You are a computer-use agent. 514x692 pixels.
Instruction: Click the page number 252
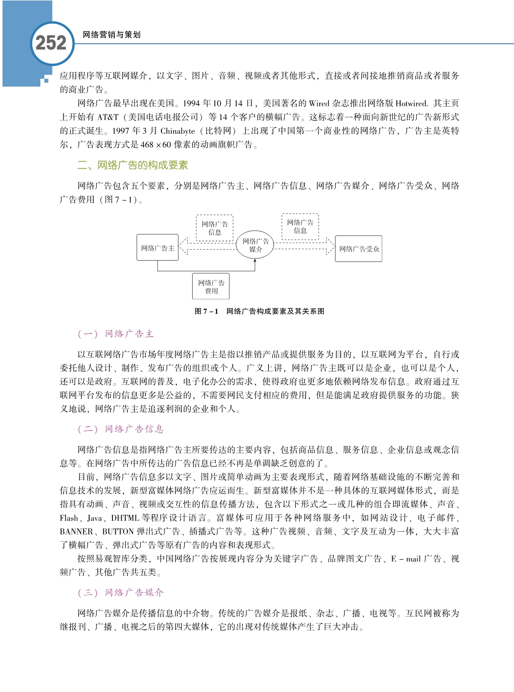click(x=51, y=43)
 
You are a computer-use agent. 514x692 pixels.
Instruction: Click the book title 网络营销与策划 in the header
click(x=111, y=35)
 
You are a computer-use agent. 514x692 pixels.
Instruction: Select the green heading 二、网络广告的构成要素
click(x=133, y=165)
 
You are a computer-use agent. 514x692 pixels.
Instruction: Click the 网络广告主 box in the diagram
click(x=158, y=248)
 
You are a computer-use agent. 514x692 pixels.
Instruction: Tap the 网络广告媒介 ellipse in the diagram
click(x=256, y=245)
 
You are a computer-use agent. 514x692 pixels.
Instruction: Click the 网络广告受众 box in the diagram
click(x=359, y=249)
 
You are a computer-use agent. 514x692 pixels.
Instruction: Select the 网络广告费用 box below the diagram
click(x=211, y=286)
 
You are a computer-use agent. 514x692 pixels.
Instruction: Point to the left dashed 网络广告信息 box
click(x=214, y=228)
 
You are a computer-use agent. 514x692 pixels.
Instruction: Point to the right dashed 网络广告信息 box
click(x=300, y=227)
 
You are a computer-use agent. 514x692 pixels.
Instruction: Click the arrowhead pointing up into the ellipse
click(x=255, y=261)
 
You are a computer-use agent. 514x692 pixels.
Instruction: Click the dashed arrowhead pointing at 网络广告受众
click(x=330, y=246)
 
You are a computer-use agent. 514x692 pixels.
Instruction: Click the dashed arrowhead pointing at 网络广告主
click(x=183, y=246)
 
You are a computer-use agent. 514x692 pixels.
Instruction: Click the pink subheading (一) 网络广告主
click(x=116, y=334)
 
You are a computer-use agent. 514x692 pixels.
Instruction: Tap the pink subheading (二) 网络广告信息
click(x=121, y=429)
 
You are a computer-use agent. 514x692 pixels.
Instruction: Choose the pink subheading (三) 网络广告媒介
click(x=121, y=593)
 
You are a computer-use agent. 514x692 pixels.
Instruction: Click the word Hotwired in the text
click(x=411, y=104)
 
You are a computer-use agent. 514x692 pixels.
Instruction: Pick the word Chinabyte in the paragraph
click(x=177, y=131)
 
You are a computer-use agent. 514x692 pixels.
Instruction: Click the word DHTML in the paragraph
click(x=125, y=518)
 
